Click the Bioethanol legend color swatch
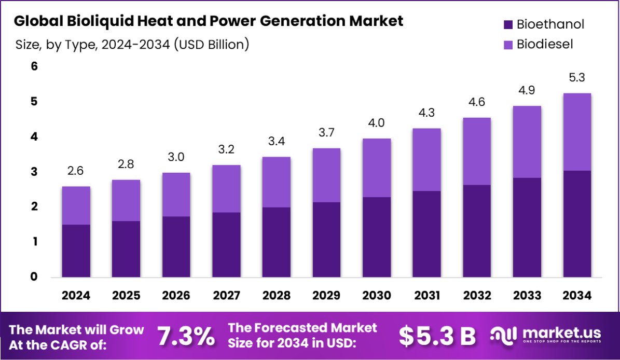coord(508,24)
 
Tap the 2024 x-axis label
coord(76,296)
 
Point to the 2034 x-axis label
coord(577,296)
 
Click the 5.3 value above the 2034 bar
coord(577,78)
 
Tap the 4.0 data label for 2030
coord(377,123)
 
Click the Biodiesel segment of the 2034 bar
coord(577,132)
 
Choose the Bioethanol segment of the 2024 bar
coord(76,251)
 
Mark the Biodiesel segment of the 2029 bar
coord(326,175)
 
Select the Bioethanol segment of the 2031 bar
coord(426,234)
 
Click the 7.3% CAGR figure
coord(186,337)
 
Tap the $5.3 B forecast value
coord(437,337)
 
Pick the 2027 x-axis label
coord(226,296)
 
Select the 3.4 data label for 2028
coord(276,142)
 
